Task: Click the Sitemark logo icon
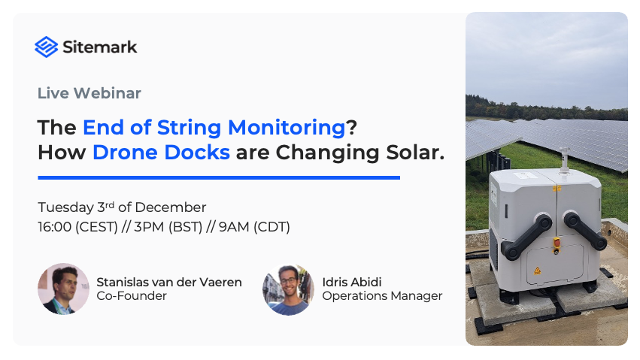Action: click(x=47, y=47)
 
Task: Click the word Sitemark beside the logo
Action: click(x=101, y=47)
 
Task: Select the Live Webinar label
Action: click(x=89, y=94)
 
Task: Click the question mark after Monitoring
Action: click(x=351, y=127)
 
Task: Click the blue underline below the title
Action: click(x=218, y=177)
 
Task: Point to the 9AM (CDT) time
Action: click(x=254, y=226)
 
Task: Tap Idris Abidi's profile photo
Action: click(x=288, y=289)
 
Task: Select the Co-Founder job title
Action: click(x=132, y=296)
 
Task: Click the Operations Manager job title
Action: click(x=382, y=296)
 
